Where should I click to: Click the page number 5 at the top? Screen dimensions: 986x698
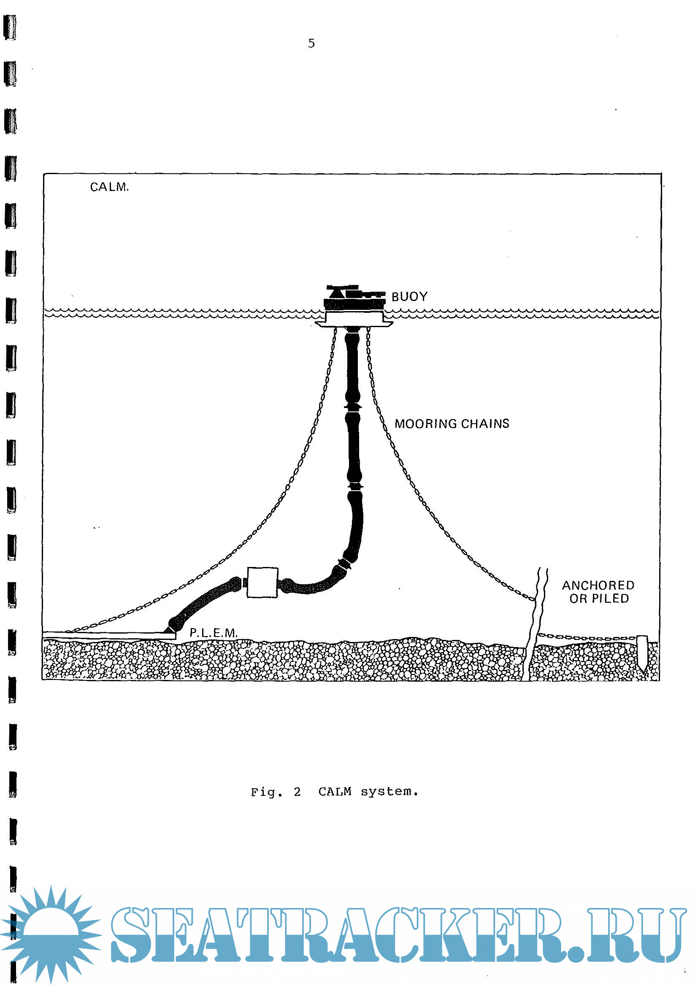311,43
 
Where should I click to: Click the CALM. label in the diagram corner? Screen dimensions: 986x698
109,187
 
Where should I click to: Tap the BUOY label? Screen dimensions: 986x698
409,297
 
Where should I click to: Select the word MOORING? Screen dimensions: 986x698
425,424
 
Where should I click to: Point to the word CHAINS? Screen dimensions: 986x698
485,424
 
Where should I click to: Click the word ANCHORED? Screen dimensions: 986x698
598,586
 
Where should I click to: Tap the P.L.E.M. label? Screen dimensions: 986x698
213,633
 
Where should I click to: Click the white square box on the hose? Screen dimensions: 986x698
262,582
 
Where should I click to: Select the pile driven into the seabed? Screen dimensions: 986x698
642,652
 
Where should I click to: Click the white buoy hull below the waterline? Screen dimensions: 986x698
353,318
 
